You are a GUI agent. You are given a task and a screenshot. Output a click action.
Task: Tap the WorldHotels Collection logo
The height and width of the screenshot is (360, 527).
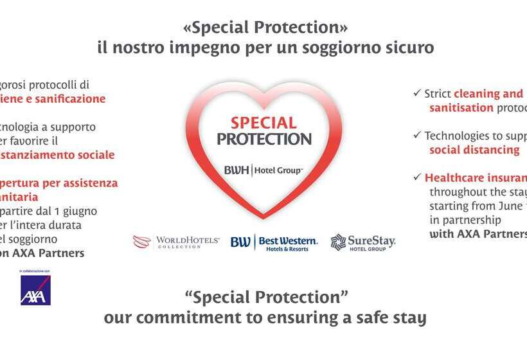[x=176, y=242]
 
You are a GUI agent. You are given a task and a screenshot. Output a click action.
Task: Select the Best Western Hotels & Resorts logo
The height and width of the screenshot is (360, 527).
[x=274, y=242]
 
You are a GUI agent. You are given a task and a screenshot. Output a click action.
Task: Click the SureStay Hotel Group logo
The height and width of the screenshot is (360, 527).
[x=362, y=242]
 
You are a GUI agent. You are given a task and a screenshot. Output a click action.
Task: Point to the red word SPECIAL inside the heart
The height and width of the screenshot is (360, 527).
[x=263, y=123]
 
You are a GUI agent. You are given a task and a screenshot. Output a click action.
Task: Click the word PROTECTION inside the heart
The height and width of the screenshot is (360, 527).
[x=263, y=139]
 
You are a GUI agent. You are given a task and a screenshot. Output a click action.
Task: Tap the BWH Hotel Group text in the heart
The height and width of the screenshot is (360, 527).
[x=263, y=170]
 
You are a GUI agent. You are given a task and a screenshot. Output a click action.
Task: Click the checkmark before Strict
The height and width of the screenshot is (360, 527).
[x=417, y=93]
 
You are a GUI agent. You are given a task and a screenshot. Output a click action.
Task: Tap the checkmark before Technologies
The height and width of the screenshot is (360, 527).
[x=417, y=136]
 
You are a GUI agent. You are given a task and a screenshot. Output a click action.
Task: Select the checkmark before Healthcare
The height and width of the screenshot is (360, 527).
[x=417, y=177]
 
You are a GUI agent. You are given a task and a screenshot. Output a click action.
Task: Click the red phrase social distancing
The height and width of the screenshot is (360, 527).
[x=474, y=150]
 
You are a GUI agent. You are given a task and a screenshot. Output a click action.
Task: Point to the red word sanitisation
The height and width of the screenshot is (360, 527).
[x=461, y=108]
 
